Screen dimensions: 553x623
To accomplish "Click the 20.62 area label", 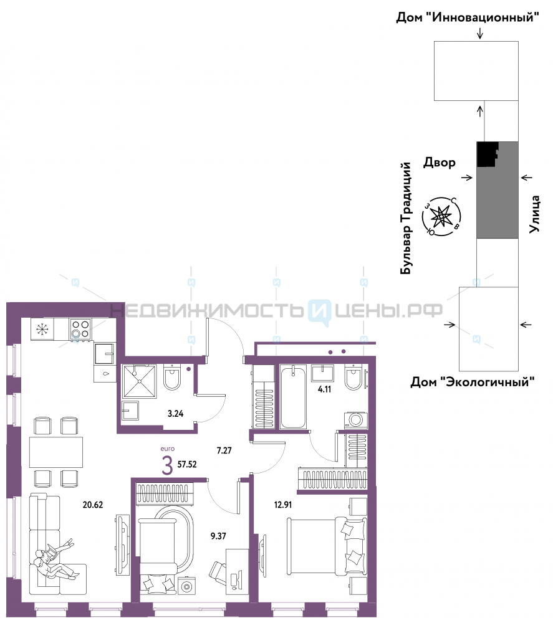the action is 93,505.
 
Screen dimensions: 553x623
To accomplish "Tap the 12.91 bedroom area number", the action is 283,505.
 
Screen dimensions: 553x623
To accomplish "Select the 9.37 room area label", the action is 218,536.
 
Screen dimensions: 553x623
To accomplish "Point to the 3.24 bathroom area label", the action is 175,414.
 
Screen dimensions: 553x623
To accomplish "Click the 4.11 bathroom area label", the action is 324,389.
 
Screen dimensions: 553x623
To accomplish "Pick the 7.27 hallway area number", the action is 224,450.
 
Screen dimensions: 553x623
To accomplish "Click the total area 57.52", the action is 187,464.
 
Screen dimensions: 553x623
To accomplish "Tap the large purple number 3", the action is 167,465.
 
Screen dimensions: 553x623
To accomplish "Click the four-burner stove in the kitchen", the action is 80,330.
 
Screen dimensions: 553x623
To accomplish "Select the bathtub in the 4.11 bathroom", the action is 293,397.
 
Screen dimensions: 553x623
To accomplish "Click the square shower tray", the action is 140,381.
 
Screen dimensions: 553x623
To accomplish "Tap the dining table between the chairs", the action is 56,452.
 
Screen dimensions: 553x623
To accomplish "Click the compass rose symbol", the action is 441,217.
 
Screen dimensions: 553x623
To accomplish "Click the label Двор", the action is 440,162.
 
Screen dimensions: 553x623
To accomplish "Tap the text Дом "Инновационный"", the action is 468,17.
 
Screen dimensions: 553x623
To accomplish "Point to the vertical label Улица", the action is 535,214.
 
